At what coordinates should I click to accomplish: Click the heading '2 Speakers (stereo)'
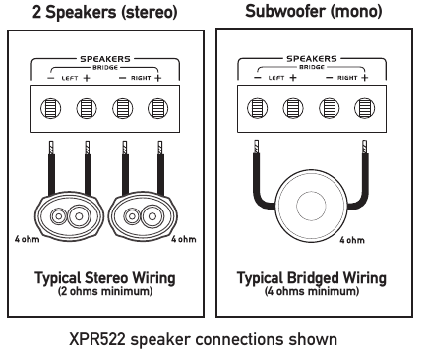click(x=107, y=13)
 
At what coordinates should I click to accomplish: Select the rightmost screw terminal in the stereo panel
click(x=157, y=108)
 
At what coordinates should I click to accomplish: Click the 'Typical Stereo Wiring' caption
click(x=106, y=278)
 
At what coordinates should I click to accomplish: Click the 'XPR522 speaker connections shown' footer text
click(x=211, y=340)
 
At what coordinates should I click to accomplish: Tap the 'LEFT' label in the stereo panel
click(x=68, y=76)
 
